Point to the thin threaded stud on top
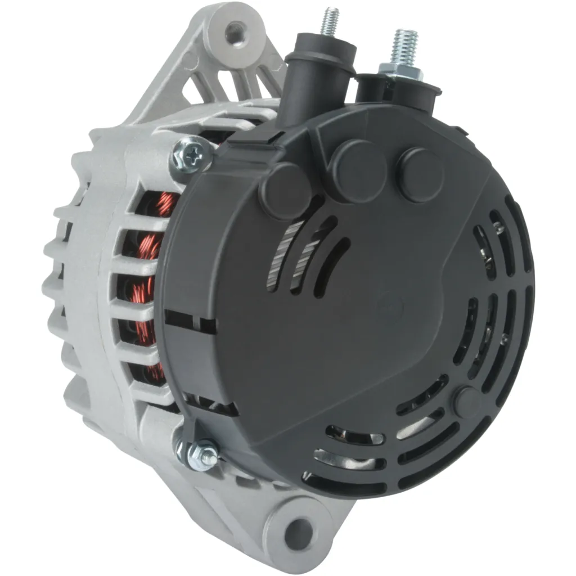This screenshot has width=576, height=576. pyautogui.click(x=330, y=23)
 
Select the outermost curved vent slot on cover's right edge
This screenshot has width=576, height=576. pyautogui.click(x=520, y=292)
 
